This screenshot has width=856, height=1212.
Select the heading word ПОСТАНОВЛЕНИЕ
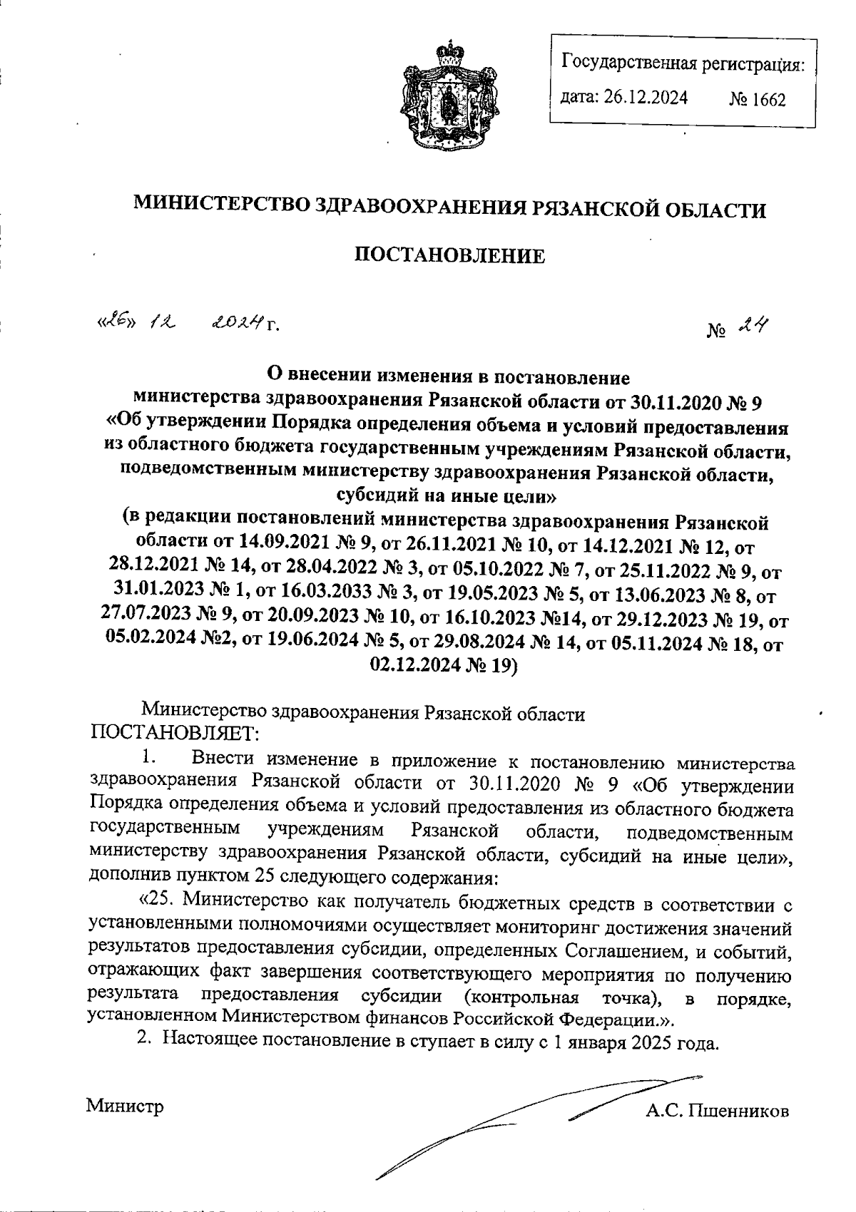tap(450, 255)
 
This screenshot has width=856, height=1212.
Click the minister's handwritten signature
tap(535, 1119)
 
